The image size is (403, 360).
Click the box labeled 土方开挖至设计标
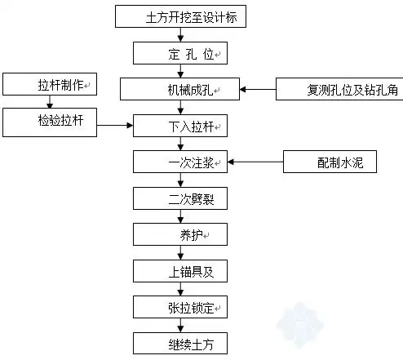(x=179, y=16)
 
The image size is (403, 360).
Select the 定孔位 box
(x=179, y=53)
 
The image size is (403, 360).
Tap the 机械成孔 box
(x=179, y=89)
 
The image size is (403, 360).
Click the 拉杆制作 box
(x=50, y=84)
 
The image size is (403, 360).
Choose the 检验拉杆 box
(x=50, y=123)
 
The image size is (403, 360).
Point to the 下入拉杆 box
(x=179, y=126)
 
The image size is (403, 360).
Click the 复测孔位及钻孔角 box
(x=339, y=89)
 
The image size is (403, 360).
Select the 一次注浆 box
(x=179, y=162)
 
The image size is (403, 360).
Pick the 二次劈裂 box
(x=179, y=198)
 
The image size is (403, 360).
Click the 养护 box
(x=179, y=235)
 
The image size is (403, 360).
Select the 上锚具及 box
(x=179, y=270)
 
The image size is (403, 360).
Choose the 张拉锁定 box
(x=179, y=307)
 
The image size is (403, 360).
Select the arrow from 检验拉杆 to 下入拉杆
(x=115, y=126)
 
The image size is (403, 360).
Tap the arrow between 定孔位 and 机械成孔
(x=179, y=71)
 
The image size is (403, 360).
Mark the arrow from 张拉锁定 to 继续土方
(x=179, y=324)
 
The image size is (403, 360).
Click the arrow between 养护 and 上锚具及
(x=179, y=253)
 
